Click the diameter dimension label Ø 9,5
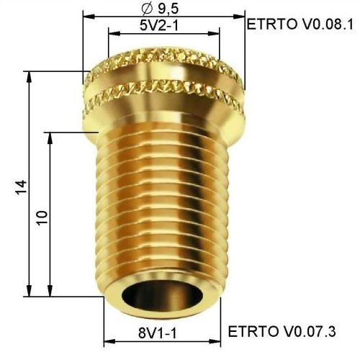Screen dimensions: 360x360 pos(160,9)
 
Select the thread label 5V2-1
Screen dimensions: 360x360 pos(159,25)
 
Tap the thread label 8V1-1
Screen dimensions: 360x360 pos(158,333)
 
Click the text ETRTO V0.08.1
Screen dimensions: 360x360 pos(300,24)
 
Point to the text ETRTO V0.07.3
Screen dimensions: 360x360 pos(282,331)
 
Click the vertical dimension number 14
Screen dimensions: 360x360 pos(21,187)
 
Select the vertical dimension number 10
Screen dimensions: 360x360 pos(42,217)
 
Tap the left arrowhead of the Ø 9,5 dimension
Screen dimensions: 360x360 pos(89,17)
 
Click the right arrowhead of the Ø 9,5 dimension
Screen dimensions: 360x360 pos(239,17)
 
